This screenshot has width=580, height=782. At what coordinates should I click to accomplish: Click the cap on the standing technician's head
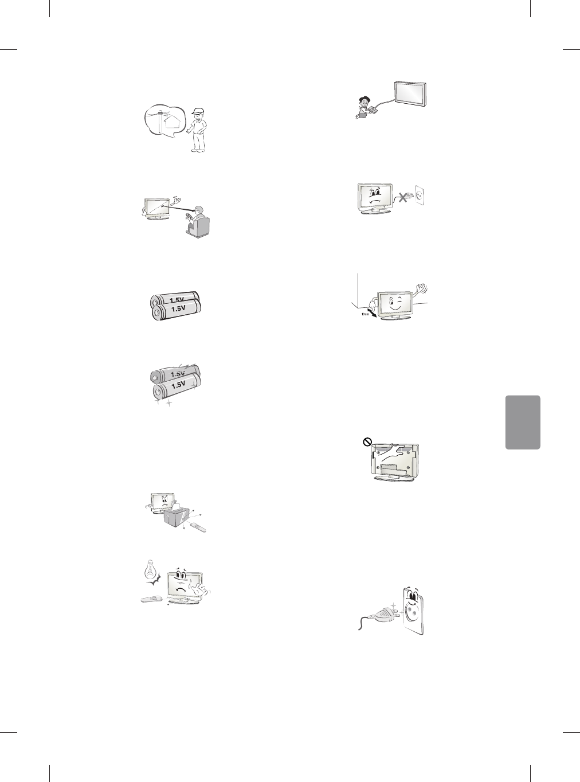point(198,111)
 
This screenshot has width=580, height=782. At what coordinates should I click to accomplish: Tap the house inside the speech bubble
point(166,123)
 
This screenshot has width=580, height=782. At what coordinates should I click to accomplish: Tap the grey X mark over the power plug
point(404,198)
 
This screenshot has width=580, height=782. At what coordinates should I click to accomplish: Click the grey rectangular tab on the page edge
point(523,422)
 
